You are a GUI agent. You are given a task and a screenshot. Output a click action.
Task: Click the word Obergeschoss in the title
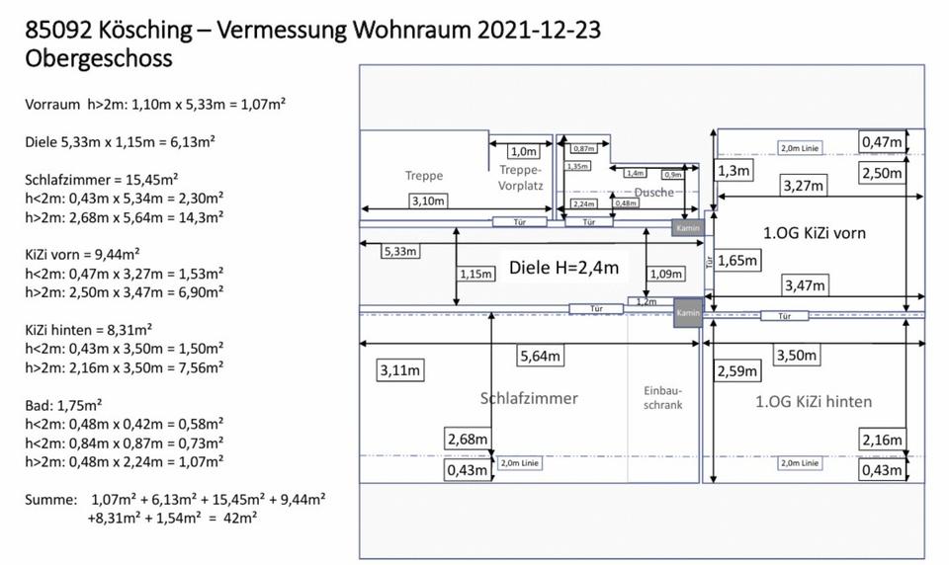pos(99,58)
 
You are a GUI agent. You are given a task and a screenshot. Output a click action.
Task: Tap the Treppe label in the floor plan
pos(423,176)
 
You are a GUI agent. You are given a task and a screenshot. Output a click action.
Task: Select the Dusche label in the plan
pos(653,192)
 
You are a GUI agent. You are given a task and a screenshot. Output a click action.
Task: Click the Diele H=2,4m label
pos(563,267)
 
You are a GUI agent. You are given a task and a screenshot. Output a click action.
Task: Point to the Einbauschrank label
pos(662,397)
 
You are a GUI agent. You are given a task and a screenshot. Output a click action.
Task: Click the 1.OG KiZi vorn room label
pos(815,234)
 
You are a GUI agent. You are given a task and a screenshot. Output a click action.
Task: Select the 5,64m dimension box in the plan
pos(540,356)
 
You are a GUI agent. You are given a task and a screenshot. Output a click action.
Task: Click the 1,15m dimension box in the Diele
pos(476,274)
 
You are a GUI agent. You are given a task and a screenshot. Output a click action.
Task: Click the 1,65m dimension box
pos(735,261)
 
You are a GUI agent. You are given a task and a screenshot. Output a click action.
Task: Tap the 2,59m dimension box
pos(737,371)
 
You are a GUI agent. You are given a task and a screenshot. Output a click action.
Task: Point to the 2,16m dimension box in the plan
pos(881,440)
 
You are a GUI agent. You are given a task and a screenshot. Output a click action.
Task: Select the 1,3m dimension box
pos(733,171)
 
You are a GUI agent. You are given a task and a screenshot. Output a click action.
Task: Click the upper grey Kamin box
pos(688,228)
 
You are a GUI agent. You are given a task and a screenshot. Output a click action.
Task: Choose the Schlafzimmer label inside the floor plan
pos(529,398)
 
